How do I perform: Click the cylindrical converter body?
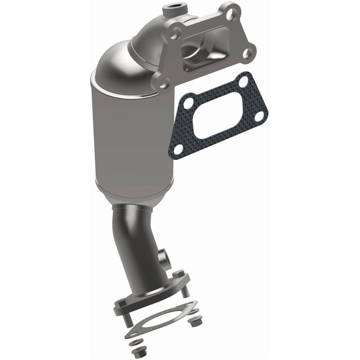pos(128,139)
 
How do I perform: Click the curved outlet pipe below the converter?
pos(139,243)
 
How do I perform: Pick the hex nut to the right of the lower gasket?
pos(195,322)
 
